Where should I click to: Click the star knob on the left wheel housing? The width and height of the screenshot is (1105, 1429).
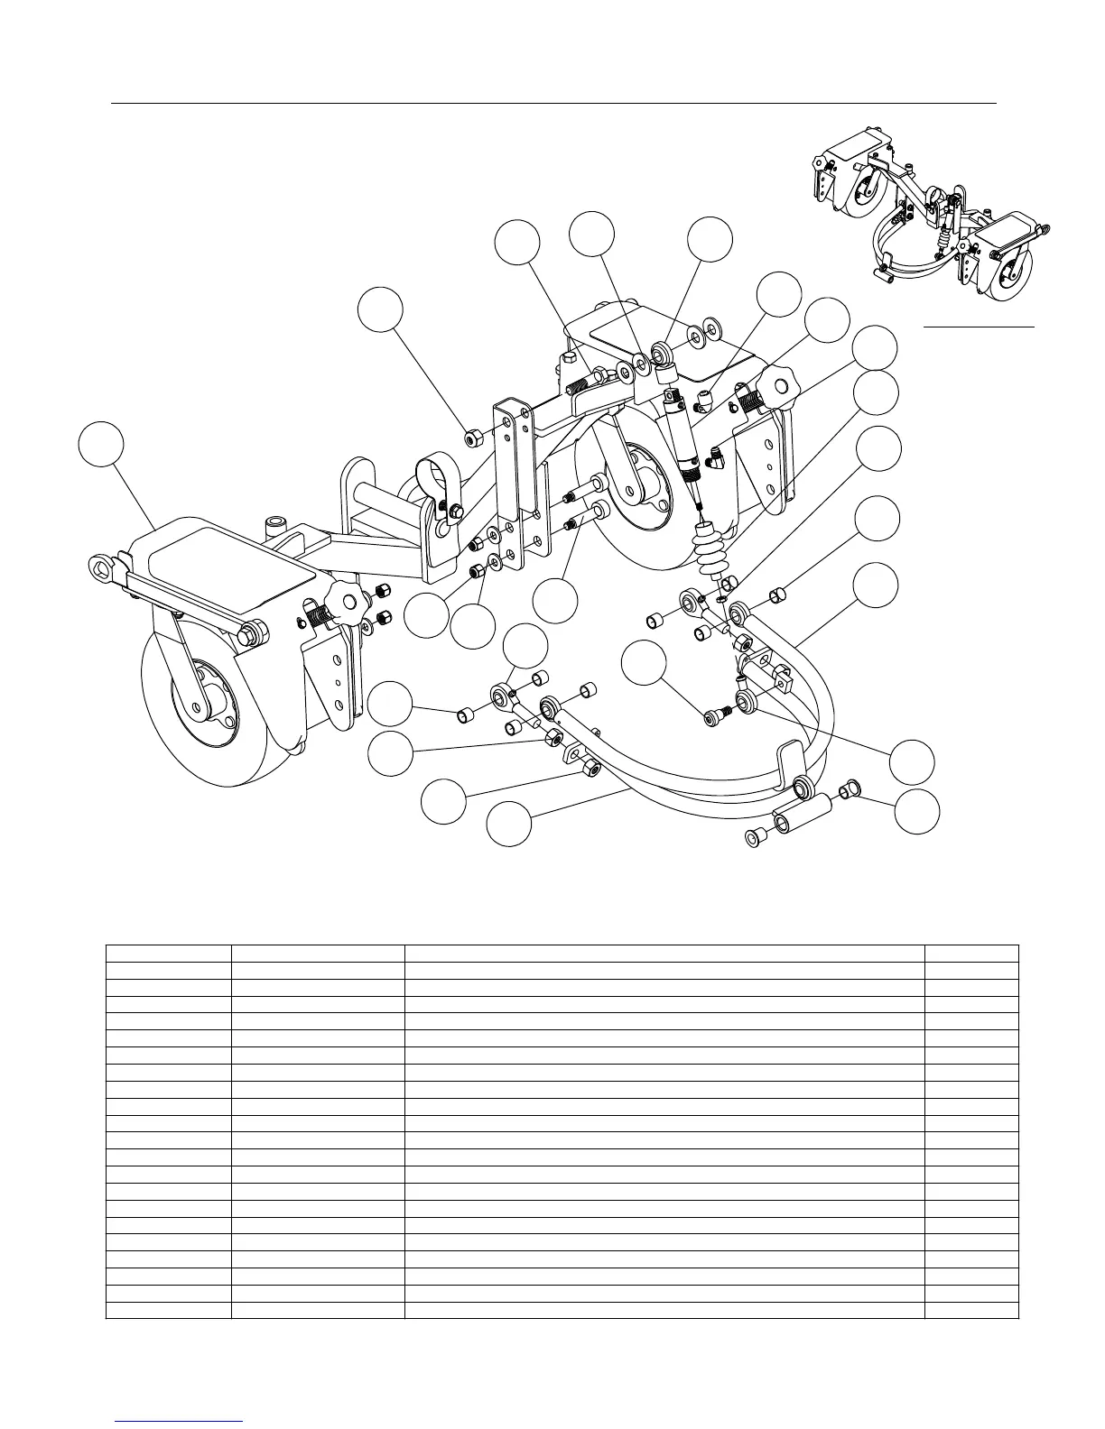coord(344,598)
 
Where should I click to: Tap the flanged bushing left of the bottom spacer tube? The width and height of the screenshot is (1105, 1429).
coord(756,838)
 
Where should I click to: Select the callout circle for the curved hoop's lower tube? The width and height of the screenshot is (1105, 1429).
coord(508,824)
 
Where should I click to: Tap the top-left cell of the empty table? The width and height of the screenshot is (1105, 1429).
coord(169,954)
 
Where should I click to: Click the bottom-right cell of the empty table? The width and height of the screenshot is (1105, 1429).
coord(971,1310)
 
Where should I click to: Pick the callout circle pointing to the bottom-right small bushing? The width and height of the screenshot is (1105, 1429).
coord(916,812)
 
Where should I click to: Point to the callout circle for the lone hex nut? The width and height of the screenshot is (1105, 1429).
coord(380,309)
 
